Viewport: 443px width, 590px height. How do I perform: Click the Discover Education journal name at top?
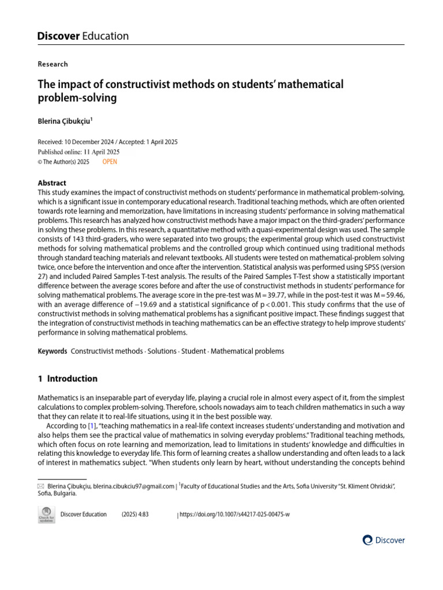click(x=83, y=36)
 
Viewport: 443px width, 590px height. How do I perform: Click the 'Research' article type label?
click(x=52, y=64)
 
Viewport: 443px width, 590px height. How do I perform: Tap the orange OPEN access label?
click(x=110, y=162)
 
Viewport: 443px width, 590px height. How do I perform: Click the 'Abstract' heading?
click(x=52, y=183)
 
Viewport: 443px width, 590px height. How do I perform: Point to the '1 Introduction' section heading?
click(x=67, y=379)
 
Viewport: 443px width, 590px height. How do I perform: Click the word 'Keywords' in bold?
click(x=52, y=351)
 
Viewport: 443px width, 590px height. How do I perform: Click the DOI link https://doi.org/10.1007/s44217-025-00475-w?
click(x=235, y=515)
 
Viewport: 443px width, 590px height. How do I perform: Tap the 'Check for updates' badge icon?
click(x=46, y=515)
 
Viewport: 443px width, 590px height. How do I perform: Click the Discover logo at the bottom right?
click(x=384, y=540)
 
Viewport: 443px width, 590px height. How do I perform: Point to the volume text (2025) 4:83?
click(x=135, y=515)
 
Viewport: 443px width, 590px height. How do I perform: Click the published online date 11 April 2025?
click(x=100, y=152)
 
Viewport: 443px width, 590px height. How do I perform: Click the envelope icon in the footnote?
click(x=40, y=487)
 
